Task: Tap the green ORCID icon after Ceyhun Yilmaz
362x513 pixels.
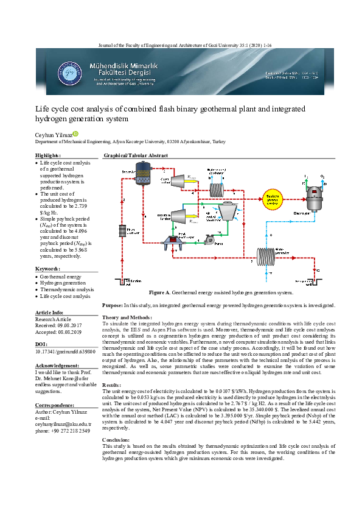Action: coord(76,133)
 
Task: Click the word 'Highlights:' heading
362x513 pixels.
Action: coord(49,156)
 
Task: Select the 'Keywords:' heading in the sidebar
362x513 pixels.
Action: coord(47,269)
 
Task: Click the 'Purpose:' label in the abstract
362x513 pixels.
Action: coord(113,305)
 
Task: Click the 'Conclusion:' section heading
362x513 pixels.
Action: coord(116,439)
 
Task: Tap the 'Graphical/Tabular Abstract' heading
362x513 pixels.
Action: coord(136,156)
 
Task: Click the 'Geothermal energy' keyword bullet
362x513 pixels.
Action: coord(63,276)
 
